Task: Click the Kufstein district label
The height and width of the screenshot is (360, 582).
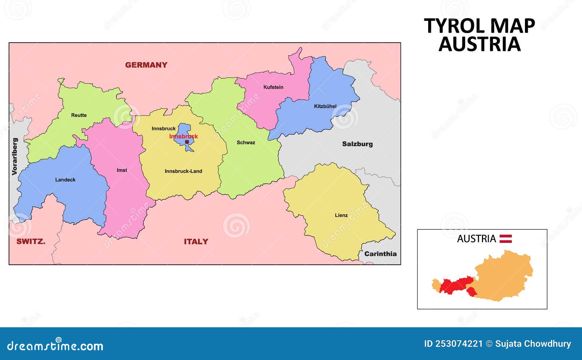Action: [x=273, y=87]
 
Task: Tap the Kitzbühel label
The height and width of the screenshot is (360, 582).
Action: [x=325, y=107]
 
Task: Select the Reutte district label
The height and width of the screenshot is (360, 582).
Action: [x=79, y=115]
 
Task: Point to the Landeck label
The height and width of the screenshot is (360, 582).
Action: [x=65, y=180]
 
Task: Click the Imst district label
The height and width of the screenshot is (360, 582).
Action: [x=122, y=170]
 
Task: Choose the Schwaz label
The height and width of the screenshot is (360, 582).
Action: [x=246, y=143]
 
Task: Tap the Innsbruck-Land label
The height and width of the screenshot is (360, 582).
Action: [x=183, y=171]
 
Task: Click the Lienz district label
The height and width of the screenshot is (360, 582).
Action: [x=341, y=215]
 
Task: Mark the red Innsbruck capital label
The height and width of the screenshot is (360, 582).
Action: [x=183, y=136]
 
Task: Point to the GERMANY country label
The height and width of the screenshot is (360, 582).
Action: [x=146, y=65]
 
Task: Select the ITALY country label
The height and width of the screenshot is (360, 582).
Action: [x=196, y=242]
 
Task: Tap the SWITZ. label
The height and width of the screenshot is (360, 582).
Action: [x=31, y=241]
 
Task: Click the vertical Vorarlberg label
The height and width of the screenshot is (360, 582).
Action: [x=15, y=156]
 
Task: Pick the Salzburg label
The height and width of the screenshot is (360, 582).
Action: [x=357, y=144]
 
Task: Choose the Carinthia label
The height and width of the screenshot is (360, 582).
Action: [x=380, y=254]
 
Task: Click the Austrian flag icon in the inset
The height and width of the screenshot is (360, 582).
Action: [x=506, y=239]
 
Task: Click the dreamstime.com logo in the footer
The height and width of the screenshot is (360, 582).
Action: [x=55, y=345]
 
